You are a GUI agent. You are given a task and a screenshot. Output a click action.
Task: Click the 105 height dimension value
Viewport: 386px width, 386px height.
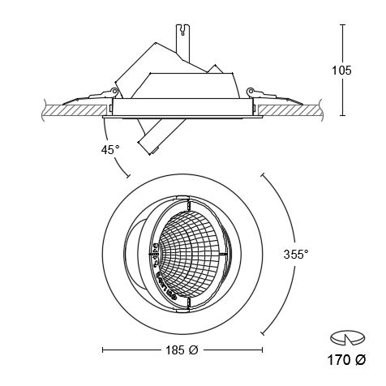(x=341, y=71)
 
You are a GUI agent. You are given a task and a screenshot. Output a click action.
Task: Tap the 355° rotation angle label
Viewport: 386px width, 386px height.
(x=295, y=254)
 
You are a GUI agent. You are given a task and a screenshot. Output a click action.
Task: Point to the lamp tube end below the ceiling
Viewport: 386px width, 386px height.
(x=147, y=145)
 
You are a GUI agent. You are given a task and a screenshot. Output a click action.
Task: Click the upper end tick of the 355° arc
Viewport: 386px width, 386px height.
(x=262, y=174)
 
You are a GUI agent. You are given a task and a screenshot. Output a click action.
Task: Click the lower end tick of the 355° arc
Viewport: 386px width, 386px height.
(x=262, y=331)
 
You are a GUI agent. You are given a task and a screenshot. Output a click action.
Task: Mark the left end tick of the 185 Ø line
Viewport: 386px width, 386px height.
(x=104, y=350)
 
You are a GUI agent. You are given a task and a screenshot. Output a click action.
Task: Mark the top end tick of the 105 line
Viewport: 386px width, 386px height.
(x=342, y=24)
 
